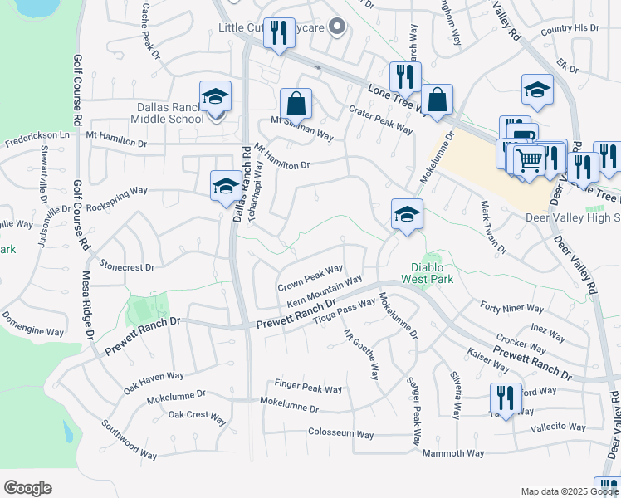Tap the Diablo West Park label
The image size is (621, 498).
click(431, 273)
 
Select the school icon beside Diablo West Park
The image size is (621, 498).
click(407, 215)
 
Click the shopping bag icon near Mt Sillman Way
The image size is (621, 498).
click(296, 105)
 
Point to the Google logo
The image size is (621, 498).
click(27, 488)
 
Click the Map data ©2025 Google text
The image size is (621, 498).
click(568, 491)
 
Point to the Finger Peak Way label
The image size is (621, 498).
click(308, 388)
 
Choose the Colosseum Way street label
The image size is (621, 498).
click(341, 433)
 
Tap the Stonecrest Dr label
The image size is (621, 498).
click(127, 267)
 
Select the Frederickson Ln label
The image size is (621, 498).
click(37, 134)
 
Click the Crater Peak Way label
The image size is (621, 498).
click(380, 121)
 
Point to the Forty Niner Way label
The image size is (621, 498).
click(512, 308)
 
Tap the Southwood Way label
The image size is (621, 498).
click(130, 439)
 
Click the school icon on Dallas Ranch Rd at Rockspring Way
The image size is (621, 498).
click(226, 186)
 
